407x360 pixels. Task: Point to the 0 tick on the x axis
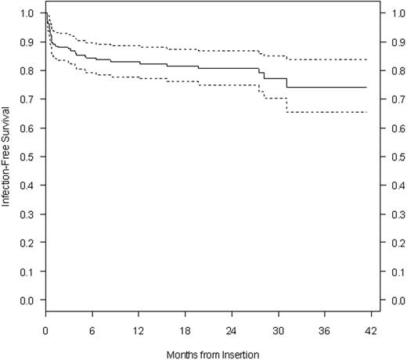click(x=46, y=328)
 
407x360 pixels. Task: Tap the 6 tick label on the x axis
click(x=92, y=328)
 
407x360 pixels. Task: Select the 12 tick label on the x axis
click(x=139, y=328)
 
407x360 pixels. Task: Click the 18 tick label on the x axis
click(x=185, y=328)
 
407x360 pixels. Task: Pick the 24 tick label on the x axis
click(x=232, y=328)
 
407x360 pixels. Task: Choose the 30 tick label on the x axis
click(x=278, y=328)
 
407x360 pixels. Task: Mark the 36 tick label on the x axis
click(x=324, y=328)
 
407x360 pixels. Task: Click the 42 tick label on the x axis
click(x=370, y=328)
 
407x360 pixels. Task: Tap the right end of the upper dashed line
click(x=366, y=59)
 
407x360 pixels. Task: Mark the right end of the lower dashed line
click(x=366, y=112)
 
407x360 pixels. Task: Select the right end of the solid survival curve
click(x=366, y=88)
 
